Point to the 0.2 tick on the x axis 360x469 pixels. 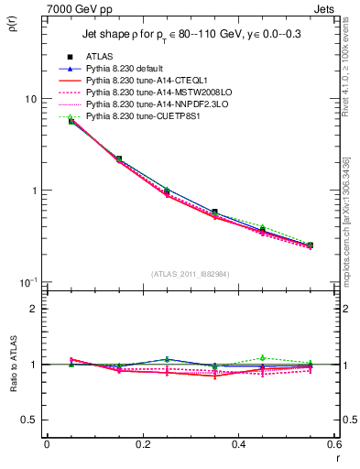point(142,446)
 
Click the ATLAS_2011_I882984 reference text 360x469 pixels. point(191,274)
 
